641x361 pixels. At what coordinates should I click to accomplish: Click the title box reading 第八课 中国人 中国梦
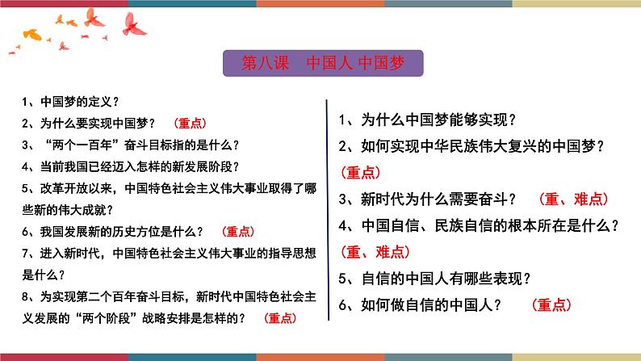pos(320,63)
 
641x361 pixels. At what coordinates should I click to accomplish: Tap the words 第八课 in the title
pos(262,63)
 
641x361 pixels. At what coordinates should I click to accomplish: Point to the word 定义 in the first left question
pos(95,103)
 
